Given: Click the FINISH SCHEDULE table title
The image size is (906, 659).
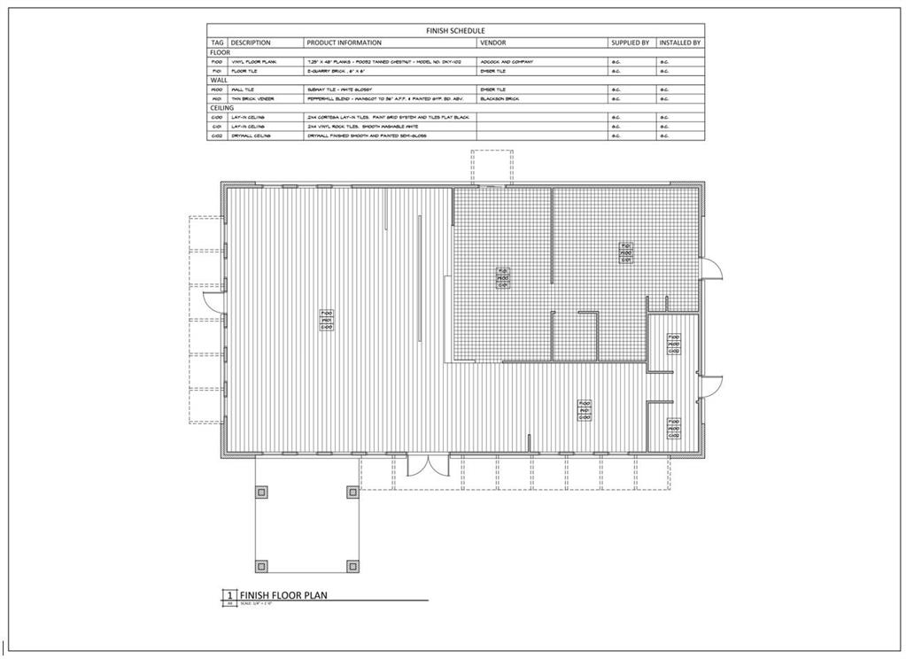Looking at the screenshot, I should (455, 30).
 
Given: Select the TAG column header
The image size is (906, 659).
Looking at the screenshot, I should (217, 43).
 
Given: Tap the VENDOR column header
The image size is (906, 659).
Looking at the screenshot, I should (492, 43).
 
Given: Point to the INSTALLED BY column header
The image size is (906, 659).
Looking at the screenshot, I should (680, 43).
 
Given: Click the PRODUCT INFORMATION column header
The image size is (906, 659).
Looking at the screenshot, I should (344, 43).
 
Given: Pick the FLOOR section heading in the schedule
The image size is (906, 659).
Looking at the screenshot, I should (220, 52).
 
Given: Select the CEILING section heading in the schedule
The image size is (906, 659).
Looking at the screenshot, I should (222, 107).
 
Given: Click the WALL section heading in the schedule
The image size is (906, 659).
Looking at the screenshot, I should (219, 80).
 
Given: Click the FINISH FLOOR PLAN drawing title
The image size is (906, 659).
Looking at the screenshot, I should (283, 595).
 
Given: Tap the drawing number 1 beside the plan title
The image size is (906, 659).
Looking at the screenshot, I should (229, 595).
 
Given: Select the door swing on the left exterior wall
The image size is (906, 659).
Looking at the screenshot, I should (210, 301).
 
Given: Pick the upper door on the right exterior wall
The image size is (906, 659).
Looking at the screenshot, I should (711, 268).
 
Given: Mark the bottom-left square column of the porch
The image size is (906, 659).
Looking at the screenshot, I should (261, 565).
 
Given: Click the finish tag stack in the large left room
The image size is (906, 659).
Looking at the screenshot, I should (326, 321).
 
